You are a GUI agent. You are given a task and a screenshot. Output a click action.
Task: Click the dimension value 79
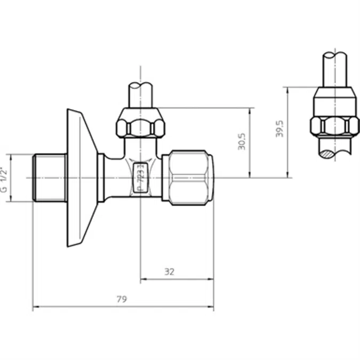(x=122, y=300)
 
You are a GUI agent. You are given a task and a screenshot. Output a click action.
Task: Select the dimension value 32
(x=169, y=271)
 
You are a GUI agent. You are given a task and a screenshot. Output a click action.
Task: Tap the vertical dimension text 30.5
(x=242, y=141)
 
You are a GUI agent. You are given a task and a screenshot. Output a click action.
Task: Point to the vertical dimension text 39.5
(x=279, y=129)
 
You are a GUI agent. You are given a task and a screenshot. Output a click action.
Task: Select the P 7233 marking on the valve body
(x=140, y=177)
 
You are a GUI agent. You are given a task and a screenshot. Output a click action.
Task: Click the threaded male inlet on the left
(x=50, y=178)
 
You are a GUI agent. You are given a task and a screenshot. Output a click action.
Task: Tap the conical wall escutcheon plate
(x=80, y=178)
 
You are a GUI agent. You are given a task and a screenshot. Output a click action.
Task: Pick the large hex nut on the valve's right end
(x=187, y=178)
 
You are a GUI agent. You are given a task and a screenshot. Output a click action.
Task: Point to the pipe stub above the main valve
(x=141, y=95)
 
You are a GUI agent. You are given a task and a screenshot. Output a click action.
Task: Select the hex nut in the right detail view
(x=334, y=126)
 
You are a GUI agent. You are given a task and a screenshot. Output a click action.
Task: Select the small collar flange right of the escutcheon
(x=100, y=178)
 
